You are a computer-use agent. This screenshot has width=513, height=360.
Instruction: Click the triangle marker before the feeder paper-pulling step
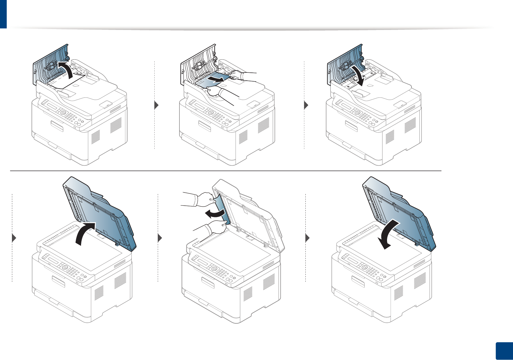157,105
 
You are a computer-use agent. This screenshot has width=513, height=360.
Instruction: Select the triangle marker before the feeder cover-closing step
306,105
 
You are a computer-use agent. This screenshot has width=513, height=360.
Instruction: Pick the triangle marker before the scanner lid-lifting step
14,238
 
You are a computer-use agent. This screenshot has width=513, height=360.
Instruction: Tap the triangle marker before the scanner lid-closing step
308,238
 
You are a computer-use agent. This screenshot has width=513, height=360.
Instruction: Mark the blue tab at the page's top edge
3,14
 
